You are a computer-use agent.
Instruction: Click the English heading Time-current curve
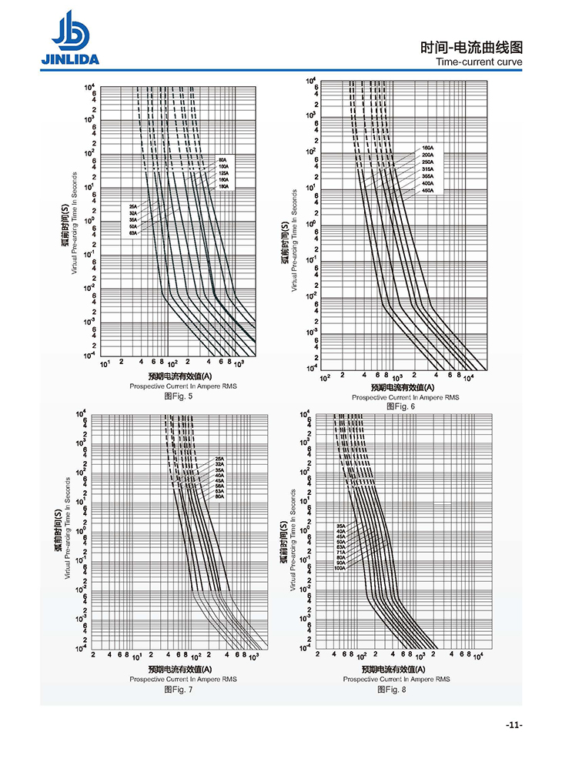tap(479, 62)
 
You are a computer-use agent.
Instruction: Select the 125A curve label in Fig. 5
tap(223, 173)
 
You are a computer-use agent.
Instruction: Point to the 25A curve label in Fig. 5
tap(133, 206)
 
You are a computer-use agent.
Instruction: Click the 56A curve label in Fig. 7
tap(219, 485)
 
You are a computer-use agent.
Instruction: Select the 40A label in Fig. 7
tap(219, 475)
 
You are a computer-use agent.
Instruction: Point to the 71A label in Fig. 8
tap(340, 552)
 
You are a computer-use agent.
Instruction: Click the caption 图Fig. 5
tap(179, 396)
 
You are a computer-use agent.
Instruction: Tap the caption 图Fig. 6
tap(400, 406)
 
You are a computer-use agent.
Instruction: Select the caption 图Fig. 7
tap(179, 689)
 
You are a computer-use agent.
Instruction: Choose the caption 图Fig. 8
tap(392, 689)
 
